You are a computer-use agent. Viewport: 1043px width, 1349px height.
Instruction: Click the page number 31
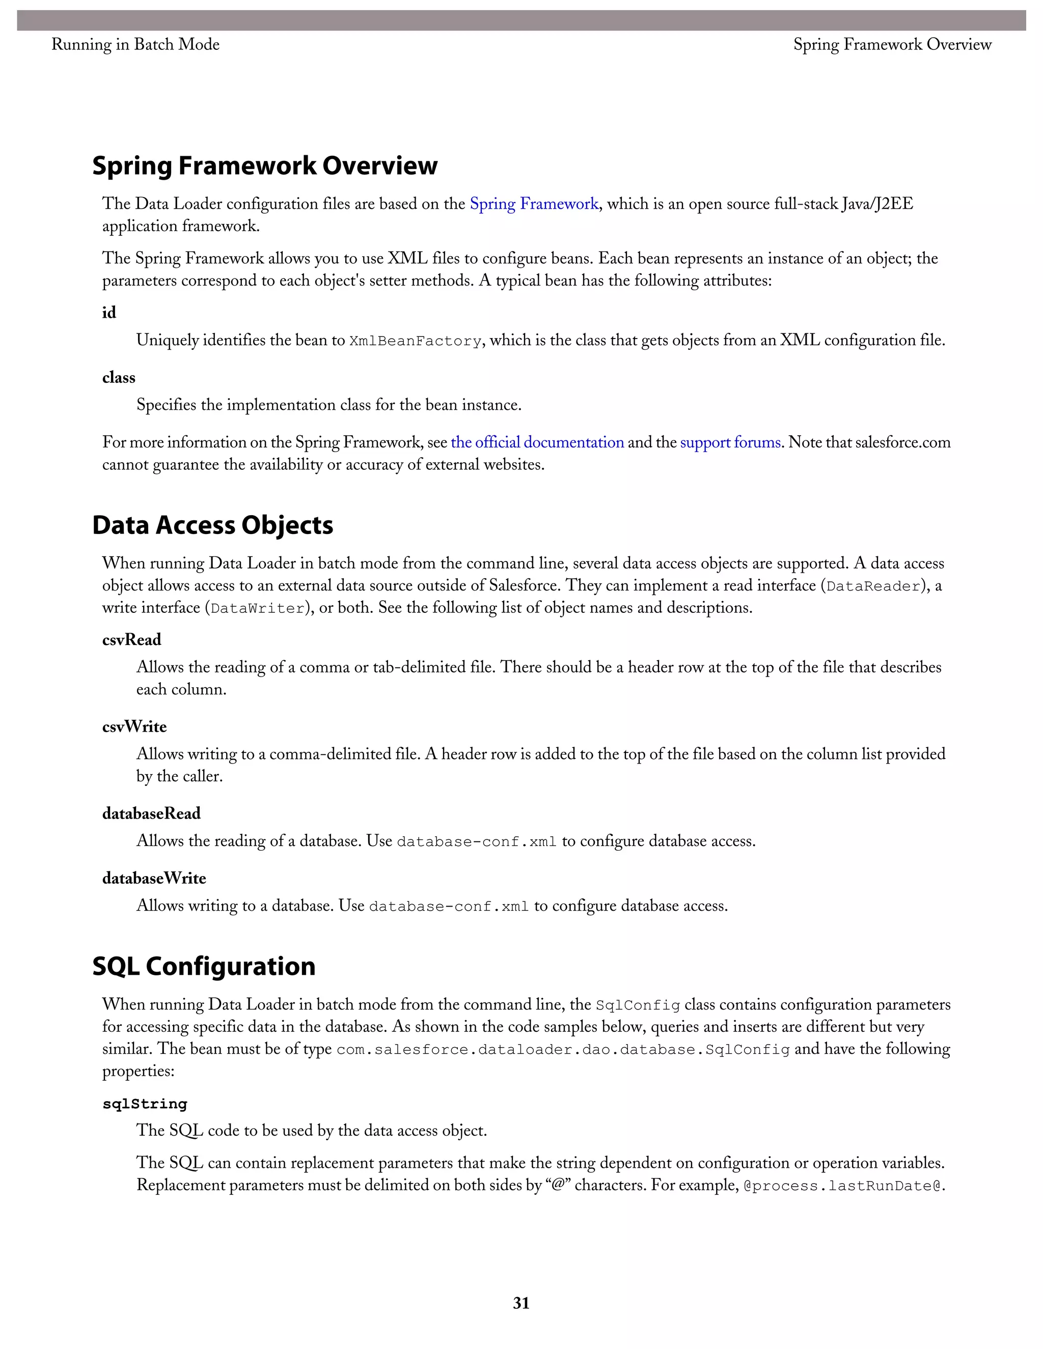coord(521,1303)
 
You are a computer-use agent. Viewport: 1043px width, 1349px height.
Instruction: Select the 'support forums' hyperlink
coord(730,442)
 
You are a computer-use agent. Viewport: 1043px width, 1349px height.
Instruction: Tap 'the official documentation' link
coord(537,442)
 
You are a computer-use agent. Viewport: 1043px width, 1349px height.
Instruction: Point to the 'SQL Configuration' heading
coord(204,966)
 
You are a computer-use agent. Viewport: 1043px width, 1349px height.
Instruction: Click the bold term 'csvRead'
coord(131,639)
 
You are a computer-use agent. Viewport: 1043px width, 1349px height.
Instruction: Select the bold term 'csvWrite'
coord(134,726)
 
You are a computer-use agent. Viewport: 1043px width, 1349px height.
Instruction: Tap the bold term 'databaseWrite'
coord(154,878)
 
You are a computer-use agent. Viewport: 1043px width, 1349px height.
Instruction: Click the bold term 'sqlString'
coord(145,1104)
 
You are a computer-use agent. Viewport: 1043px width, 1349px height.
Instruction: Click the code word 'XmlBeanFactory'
coord(415,341)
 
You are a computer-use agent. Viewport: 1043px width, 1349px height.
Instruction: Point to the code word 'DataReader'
coord(873,586)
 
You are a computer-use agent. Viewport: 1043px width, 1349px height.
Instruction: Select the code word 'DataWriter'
coord(258,608)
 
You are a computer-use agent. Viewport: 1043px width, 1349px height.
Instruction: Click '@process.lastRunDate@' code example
coord(843,1186)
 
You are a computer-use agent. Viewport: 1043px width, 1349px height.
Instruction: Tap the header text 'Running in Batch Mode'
coord(135,44)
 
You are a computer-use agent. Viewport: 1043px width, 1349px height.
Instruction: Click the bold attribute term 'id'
coord(109,313)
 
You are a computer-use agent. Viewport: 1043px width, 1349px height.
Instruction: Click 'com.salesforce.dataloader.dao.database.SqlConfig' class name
coord(563,1050)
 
